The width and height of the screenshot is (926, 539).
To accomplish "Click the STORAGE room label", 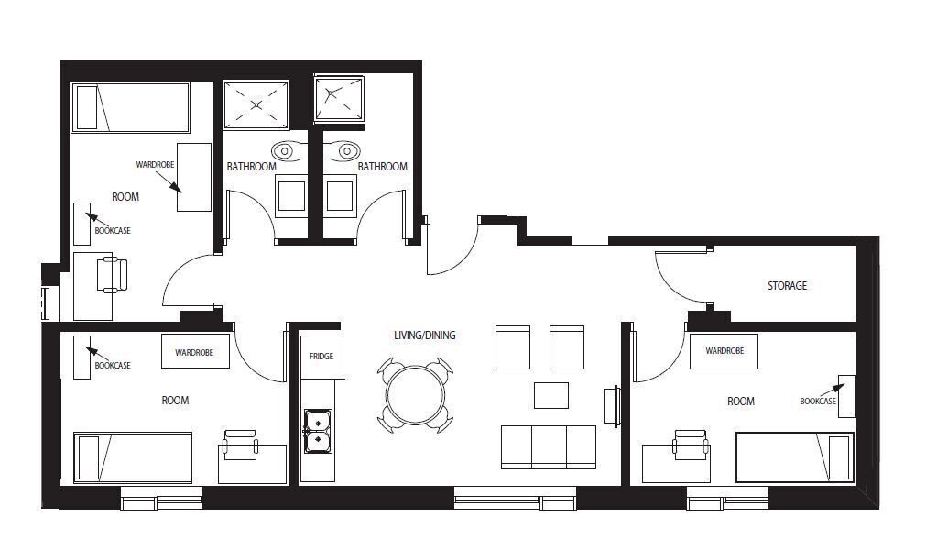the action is pyautogui.click(x=787, y=285).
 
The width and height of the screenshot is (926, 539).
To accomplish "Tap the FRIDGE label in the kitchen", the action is pyautogui.click(x=321, y=356).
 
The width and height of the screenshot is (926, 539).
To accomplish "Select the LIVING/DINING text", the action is pyautogui.click(x=425, y=335).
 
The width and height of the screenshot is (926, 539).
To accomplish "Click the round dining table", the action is pyautogui.click(x=415, y=395).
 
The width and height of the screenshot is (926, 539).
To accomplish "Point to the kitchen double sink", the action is pyautogui.click(x=318, y=431).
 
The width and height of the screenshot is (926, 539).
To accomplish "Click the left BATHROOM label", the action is pyautogui.click(x=252, y=167).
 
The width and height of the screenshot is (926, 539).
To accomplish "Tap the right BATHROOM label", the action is pyautogui.click(x=382, y=167).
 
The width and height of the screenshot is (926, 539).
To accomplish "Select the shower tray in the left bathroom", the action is pyautogui.click(x=256, y=104).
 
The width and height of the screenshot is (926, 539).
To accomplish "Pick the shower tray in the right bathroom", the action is pyautogui.click(x=339, y=97).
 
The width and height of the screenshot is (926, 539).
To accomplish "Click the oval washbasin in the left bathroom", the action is pyautogui.click(x=285, y=151).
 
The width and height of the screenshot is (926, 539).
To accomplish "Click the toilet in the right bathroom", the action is pyautogui.click(x=340, y=195).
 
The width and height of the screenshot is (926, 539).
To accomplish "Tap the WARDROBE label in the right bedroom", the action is pyautogui.click(x=724, y=350).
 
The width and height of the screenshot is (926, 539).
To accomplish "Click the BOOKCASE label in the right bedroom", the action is pyautogui.click(x=818, y=401).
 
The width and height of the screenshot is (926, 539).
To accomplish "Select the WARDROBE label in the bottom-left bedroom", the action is pyautogui.click(x=193, y=352).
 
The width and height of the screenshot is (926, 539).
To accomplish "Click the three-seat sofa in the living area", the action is pyautogui.click(x=549, y=446).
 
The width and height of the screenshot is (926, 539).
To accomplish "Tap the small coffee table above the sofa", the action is pyautogui.click(x=551, y=395).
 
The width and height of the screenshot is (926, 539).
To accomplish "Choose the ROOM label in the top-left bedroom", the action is pyautogui.click(x=125, y=197).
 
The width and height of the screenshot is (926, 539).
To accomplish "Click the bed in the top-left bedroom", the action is pyautogui.click(x=130, y=107).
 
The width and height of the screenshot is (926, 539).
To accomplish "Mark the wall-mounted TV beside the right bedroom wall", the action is pyautogui.click(x=612, y=406).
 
